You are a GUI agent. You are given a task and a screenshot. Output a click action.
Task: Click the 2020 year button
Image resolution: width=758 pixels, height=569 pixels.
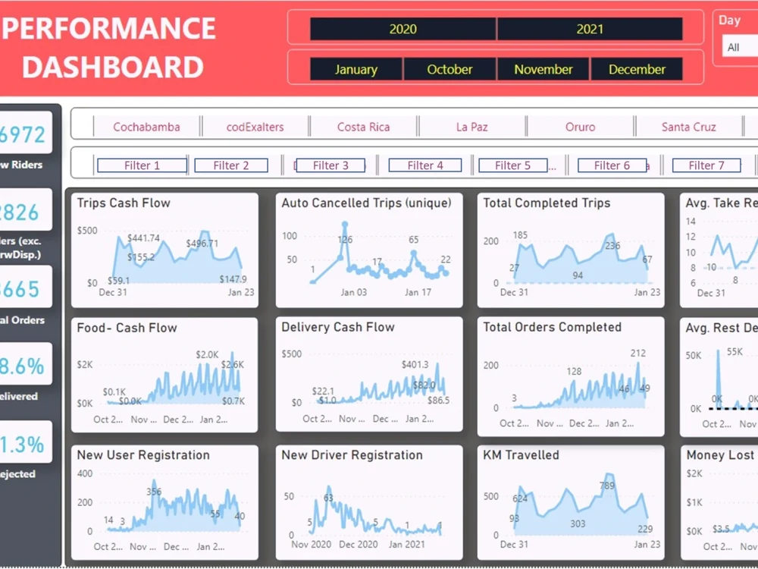coord(403,30)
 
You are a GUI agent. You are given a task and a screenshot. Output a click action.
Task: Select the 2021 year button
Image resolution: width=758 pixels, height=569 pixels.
coord(590,30)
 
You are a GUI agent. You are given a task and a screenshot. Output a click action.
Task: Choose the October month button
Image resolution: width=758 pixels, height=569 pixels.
coord(449,69)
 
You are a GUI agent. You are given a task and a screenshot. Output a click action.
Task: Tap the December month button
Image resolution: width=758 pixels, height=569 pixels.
coord(637,69)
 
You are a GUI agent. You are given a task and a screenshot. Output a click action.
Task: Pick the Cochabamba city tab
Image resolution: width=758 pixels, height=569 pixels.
coord(146,127)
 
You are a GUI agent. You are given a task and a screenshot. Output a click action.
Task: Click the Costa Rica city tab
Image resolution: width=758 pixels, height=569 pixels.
coord(363,127)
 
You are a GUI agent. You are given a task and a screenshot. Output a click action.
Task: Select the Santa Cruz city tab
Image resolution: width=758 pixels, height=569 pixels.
coord(688,127)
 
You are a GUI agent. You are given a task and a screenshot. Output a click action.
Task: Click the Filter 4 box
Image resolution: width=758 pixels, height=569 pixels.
coord(425,165)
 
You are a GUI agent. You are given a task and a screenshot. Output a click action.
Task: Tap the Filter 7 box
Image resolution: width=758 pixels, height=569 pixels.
coord(706,165)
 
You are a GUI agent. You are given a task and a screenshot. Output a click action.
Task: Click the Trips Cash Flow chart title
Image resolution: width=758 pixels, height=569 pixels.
coord(124,203)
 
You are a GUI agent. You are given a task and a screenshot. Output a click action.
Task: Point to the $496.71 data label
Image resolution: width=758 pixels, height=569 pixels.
coord(202,244)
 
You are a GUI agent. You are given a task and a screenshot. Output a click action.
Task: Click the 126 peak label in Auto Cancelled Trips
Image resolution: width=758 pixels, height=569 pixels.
coord(345,240)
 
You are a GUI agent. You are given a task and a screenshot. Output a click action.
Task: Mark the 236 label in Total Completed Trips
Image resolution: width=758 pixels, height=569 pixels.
coord(612,246)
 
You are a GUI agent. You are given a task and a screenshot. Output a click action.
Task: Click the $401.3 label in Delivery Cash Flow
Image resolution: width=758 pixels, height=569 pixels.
coord(415,365)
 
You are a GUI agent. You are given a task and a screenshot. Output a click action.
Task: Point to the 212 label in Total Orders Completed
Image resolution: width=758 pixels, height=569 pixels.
coord(637,353)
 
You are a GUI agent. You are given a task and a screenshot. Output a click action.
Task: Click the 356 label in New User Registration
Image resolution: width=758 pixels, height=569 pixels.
coord(154,492)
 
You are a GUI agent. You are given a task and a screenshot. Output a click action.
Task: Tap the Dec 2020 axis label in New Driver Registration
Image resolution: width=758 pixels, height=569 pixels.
coord(357,544)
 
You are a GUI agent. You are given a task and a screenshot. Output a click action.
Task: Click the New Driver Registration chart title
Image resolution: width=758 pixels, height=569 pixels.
coord(352,455)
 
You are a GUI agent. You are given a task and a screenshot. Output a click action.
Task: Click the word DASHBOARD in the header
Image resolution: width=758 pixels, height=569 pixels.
coord(112,67)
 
